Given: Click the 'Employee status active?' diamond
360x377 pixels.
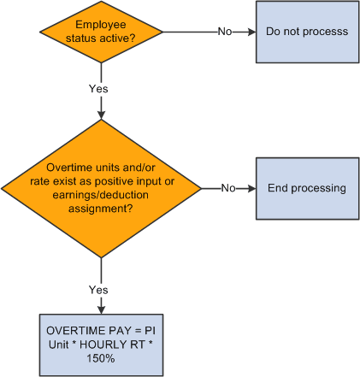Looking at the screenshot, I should (x=102, y=32).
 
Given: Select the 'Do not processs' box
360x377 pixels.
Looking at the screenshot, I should (x=306, y=32).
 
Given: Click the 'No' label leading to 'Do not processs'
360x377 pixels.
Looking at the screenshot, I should (x=224, y=32).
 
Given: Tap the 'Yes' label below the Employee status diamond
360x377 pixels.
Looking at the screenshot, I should (x=99, y=88).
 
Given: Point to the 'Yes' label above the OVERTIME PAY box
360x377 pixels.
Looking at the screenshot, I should (x=99, y=290).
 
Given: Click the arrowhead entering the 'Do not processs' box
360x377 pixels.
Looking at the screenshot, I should (x=251, y=32).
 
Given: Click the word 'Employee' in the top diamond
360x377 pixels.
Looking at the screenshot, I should (x=103, y=25).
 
